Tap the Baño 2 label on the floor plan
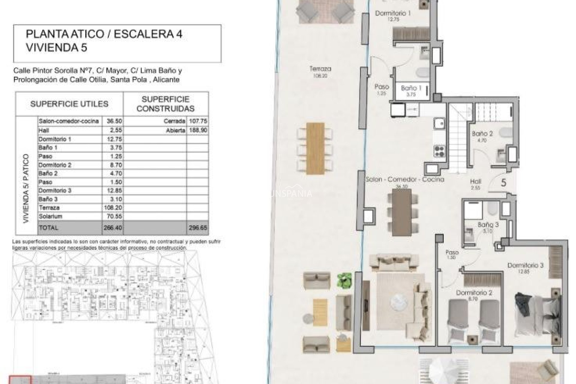[x=482, y=134]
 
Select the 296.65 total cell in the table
[x=197, y=228]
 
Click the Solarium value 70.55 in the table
[x=112, y=216]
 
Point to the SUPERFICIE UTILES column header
[x=69, y=104]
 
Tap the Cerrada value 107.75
[x=197, y=121]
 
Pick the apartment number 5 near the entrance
[x=504, y=183]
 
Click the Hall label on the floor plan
[x=475, y=181]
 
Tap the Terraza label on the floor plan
[x=320, y=69]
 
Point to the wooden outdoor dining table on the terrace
[x=315, y=148]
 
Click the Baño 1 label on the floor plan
[x=411, y=88]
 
